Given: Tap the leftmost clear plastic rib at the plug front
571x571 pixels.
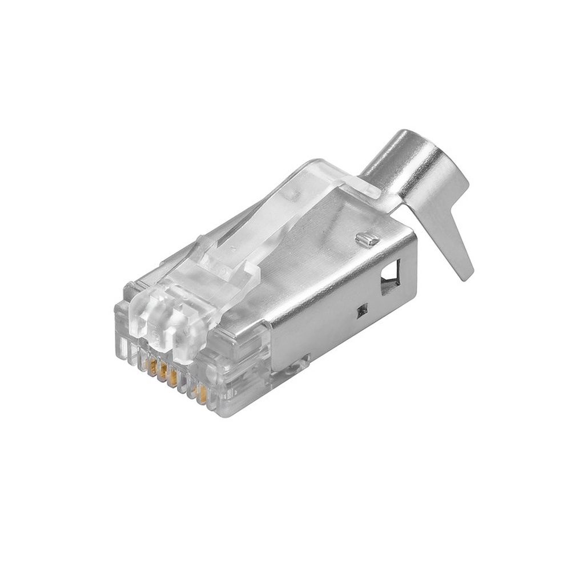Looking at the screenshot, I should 121,343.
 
